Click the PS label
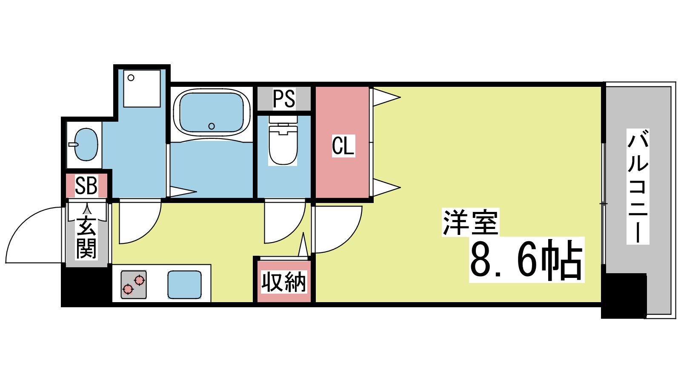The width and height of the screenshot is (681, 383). point(283,99)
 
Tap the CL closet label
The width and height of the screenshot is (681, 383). point(343,146)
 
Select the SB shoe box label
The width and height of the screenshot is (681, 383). point(86,186)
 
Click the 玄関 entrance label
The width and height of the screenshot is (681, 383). point(86,237)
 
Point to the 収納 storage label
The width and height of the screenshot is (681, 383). point(284,282)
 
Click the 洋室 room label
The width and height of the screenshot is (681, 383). point(470,222)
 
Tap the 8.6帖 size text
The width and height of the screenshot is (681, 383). point(526,260)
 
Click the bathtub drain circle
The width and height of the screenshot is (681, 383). point(212,126)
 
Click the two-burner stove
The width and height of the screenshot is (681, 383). point(134,284)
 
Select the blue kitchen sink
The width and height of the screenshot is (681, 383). point(184,285)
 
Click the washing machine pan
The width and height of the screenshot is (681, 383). point(142,89)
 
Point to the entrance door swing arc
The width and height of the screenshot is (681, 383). point(32,234)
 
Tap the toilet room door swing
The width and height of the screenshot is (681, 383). point(284,221)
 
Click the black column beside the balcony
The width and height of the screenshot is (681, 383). point(624,296)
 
